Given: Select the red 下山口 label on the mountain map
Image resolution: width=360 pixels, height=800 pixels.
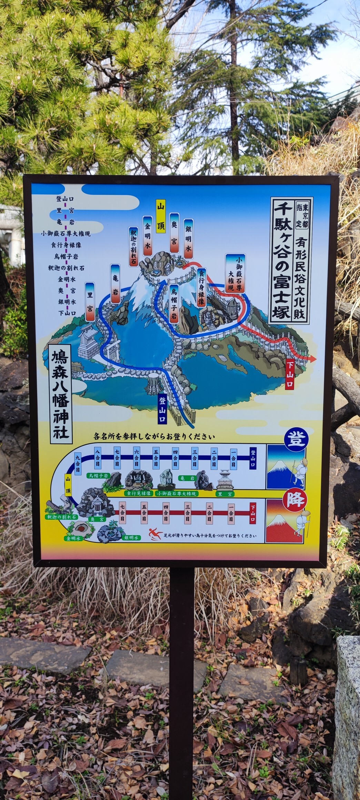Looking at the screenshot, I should click(290, 374).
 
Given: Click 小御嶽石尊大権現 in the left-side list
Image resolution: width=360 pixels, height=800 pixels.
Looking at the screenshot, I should click(66, 233).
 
